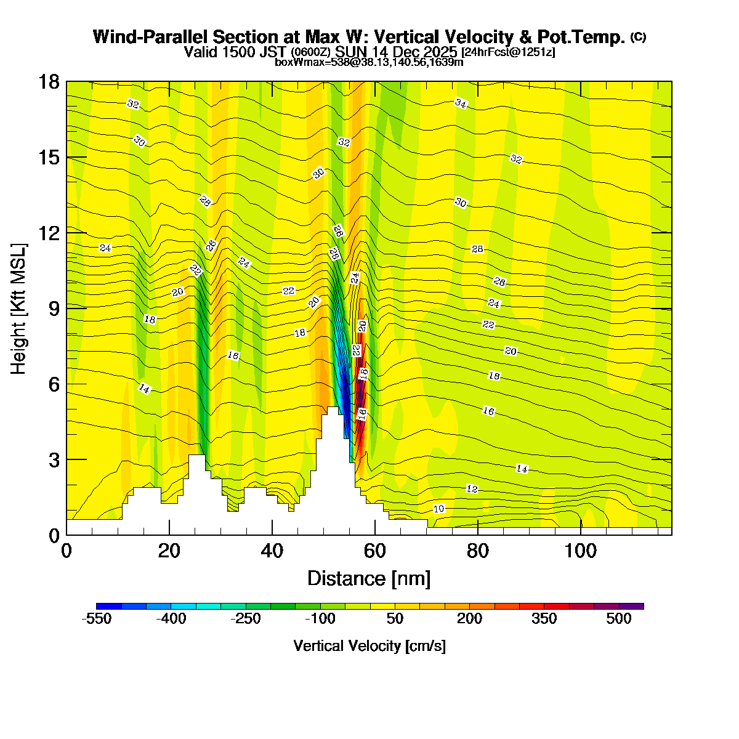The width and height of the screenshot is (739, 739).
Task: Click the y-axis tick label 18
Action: pos(49,82)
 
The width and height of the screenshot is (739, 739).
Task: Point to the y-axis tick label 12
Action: pos(49,233)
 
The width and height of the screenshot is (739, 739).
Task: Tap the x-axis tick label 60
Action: pos(374,551)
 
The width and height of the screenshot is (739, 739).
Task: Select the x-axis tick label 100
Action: pos(581,551)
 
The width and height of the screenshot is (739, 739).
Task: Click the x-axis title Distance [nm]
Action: pos(369,579)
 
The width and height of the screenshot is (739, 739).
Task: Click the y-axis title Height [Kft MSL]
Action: pos(19,308)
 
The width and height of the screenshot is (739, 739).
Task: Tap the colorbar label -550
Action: pos(97,620)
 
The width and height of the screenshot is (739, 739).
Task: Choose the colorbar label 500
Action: pos(618,620)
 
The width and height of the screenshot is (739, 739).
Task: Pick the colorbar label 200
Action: pos(469,620)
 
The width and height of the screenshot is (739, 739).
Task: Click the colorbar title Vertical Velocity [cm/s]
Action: pos(369,646)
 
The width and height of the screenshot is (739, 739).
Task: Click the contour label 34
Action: pos(461,103)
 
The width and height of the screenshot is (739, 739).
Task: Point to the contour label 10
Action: pos(439,509)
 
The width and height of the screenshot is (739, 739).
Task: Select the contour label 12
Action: pos(472,489)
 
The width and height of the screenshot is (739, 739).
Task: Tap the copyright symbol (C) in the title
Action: pos(638,37)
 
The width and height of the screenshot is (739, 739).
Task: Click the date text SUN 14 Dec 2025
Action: pos(396,52)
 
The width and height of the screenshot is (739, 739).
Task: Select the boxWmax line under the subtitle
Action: pos(369,62)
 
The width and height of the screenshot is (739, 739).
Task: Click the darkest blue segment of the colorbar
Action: pos(109,607)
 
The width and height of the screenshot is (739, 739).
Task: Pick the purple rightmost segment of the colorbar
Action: pos(631,607)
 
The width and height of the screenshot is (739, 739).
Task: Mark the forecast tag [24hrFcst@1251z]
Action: pos(508,52)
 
